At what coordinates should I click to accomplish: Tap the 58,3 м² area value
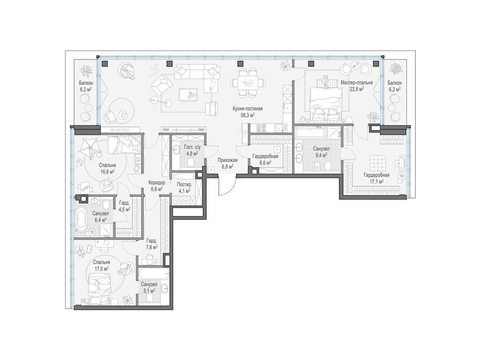(x=248, y=115)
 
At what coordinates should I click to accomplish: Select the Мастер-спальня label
(x=357, y=82)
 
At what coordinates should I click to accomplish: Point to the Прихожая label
(x=227, y=160)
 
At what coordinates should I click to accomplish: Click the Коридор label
(x=157, y=182)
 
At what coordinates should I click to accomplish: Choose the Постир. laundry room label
(x=185, y=185)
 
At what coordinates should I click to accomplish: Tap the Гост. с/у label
(x=192, y=147)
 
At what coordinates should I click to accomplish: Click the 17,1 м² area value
(x=376, y=181)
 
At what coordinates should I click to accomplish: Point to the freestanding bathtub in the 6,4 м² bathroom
(x=82, y=219)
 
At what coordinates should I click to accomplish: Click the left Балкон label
(x=86, y=83)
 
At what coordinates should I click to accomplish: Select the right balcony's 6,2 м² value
(x=395, y=90)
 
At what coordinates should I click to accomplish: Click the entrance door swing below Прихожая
(x=227, y=185)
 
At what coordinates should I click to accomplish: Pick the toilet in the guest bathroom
(x=191, y=162)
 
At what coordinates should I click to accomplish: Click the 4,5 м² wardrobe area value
(x=125, y=210)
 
